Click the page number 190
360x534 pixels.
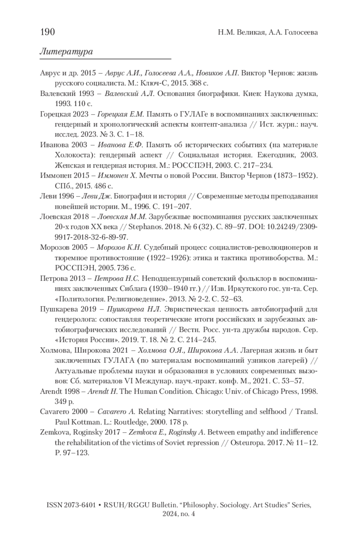(47, 31)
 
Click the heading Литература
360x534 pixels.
(66, 52)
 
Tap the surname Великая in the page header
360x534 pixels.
(249, 32)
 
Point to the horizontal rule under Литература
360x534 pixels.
(105, 59)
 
